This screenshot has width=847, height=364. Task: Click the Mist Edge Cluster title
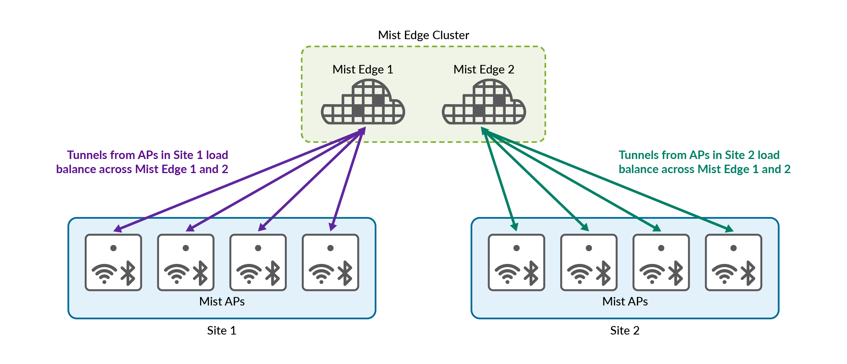[423, 36]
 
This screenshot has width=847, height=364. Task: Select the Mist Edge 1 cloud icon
[363, 103]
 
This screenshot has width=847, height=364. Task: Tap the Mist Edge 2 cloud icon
[484, 103]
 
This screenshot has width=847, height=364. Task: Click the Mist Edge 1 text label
[363, 69]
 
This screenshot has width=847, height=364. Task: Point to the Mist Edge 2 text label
[484, 69]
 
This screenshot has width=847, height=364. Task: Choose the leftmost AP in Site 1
[113, 262]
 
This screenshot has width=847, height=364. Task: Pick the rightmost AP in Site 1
[330, 262]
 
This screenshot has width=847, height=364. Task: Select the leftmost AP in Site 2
[516, 262]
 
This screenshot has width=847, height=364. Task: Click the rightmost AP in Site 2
[733, 262]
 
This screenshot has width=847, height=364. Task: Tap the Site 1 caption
[221, 331]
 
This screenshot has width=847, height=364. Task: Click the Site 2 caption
[625, 331]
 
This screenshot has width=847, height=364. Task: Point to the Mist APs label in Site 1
[222, 301]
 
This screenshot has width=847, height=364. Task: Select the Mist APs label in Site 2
[625, 301]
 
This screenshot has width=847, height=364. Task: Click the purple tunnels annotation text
[142, 162]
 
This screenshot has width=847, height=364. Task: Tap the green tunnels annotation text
[704, 162]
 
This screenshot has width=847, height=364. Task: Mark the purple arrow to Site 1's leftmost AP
[238, 180]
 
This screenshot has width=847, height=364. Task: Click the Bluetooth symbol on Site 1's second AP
[200, 273]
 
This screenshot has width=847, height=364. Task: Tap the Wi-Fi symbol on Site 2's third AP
[652, 273]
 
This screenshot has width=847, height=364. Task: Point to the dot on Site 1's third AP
[258, 248]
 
